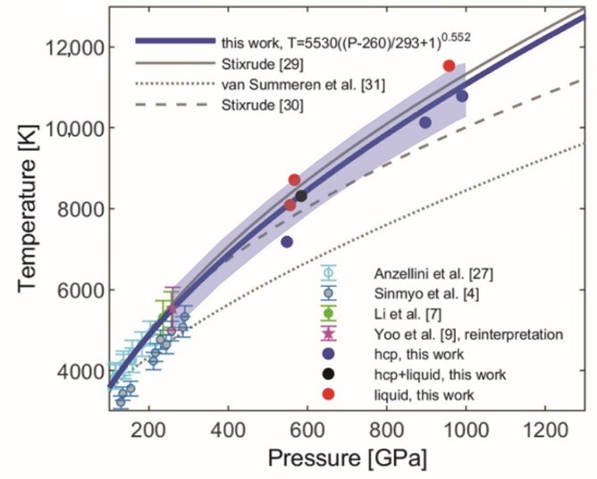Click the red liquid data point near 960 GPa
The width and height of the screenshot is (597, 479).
pyautogui.click(x=449, y=65)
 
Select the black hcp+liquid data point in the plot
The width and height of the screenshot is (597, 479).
pyautogui.click(x=301, y=196)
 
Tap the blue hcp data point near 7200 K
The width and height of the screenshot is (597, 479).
pyautogui.click(x=287, y=241)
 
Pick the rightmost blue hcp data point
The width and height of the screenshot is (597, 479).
pyautogui.click(x=462, y=96)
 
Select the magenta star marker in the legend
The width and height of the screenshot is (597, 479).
pyautogui.click(x=328, y=333)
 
